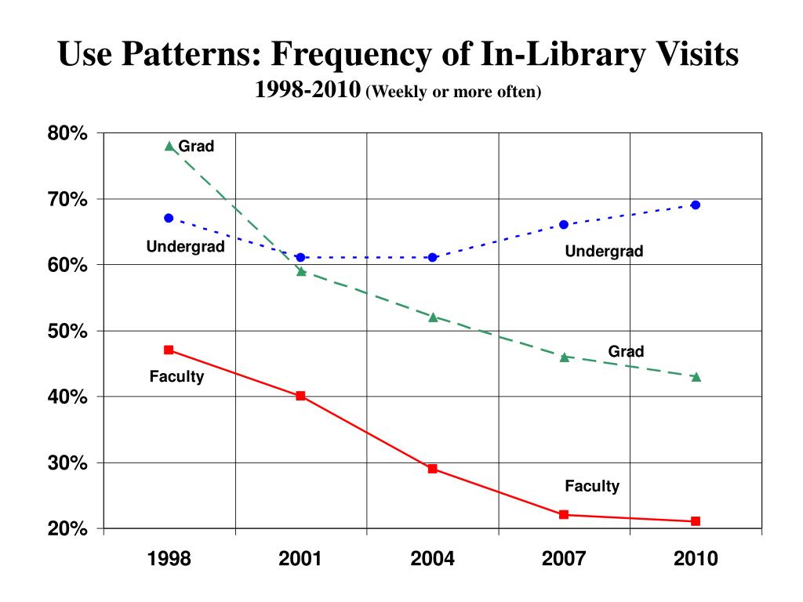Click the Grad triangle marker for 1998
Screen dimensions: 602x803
pos(169,146)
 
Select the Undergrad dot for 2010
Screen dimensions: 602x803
pos(696,205)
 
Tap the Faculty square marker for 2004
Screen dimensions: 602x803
pos(432,469)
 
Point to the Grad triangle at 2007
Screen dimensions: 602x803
pos(564,357)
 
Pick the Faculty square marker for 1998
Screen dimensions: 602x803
pos(169,350)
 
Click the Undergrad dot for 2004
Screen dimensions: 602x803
pos(432,257)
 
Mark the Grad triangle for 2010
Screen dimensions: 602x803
pos(696,376)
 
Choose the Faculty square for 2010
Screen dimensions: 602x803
pos(696,521)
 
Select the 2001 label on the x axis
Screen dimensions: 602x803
pos(300,559)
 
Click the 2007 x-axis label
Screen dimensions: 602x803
pos(564,559)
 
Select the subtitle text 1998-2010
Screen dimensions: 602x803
pos(307,91)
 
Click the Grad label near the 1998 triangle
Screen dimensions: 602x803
pos(196,146)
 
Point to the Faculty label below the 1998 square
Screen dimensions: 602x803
pos(176,377)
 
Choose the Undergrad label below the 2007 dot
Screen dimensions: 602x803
pos(604,252)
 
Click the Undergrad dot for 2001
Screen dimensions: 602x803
pos(300,257)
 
